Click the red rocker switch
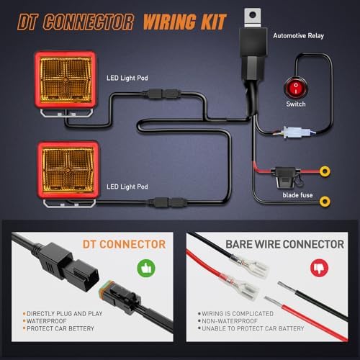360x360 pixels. [x=295, y=88]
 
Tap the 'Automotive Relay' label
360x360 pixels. [x=298, y=36]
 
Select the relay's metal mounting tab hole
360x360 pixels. [x=253, y=15]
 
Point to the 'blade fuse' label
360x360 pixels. [x=297, y=195]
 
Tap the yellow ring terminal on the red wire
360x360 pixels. [x=325, y=171]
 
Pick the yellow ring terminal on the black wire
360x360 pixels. [x=325, y=202]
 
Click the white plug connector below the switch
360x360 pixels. [x=296, y=132]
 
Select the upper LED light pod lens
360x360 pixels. [x=66, y=78]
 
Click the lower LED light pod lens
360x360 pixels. [x=68, y=169]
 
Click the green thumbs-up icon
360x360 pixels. [x=146, y=268]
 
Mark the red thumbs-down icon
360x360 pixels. [x=319, y=268]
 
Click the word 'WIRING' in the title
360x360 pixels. [x=170, y=22]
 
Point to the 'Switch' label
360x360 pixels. [x=296, y=104]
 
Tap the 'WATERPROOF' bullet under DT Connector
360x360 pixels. [x=46, y=321]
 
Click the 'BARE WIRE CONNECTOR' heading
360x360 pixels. [x=285, y=244]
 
